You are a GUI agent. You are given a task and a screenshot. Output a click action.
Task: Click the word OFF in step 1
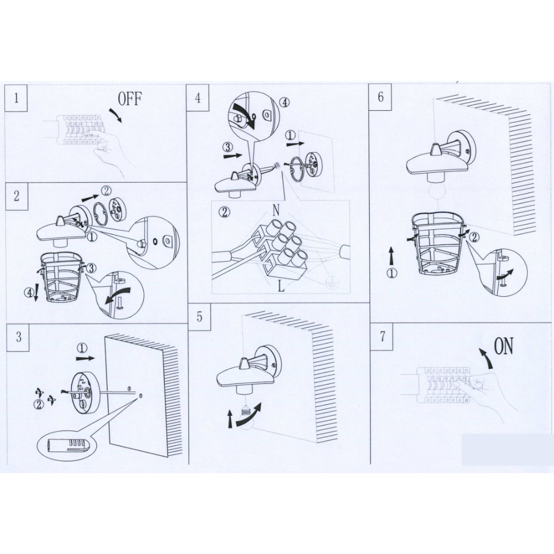click(x=129, y=99)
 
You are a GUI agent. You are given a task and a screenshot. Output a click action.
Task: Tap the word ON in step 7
click(x=504, y=346)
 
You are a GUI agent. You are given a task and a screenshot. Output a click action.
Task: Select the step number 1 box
click(x=16, y=98)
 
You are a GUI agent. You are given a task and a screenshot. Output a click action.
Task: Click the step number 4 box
click(x=197, y=98)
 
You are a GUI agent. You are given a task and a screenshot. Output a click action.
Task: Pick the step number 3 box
click(x=18, y=337)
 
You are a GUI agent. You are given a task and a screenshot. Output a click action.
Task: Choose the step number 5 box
click(x=200, y=316)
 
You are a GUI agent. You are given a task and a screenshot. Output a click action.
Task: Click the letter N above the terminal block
click(x=276, y=210)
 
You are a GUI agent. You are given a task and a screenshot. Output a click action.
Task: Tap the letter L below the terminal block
click(x=281, y=286)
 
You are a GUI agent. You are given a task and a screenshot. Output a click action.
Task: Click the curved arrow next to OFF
click(x=115, y=115)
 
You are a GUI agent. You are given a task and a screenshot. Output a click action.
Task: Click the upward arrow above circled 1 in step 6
click(x=391, y=256)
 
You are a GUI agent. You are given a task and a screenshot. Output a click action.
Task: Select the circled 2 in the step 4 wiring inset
click(x=224, y=212)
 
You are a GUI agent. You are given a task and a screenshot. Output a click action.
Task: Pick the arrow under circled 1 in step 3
click(x=85, y=358)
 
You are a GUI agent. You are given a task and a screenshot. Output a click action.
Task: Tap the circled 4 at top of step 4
click(x=284, y=103)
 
